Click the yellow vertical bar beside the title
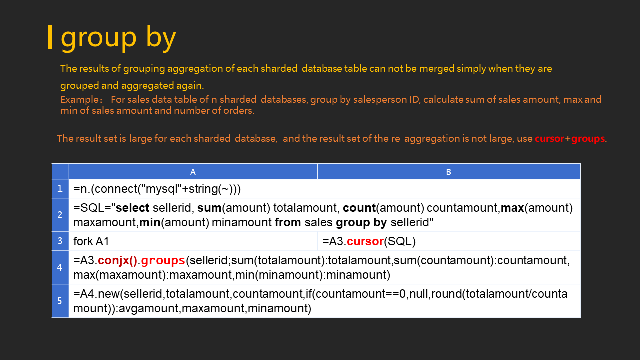click(50, 37)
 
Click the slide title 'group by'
click(118, 38)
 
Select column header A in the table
click(193, 172)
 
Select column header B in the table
click(449, 172)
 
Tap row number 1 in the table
click(60, 188)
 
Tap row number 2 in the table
click(60, 215)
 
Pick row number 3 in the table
click(60, 241)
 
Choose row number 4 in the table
click(60, 267)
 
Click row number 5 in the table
click(60, 301)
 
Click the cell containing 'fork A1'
click(193, 241)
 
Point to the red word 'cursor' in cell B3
click(365, 241)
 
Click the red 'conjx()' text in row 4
click(117, 260)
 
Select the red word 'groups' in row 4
click(163, 261)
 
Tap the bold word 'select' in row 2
click(132, 208)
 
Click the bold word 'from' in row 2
click(288, 222)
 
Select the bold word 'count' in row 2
click(359, 208)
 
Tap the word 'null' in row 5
click(420, 294)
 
